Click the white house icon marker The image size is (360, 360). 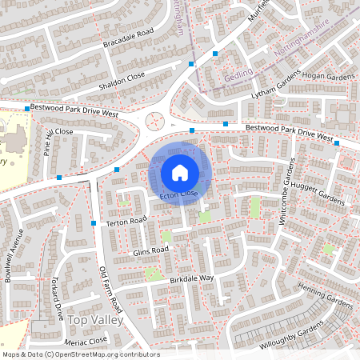tap(180, 172)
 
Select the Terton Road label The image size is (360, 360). tap(126, 221)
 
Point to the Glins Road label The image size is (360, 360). tap(150, 250)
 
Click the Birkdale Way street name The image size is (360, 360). tap(191, 278)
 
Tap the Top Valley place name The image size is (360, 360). tap(96, 320)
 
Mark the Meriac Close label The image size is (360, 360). tap(87, 340)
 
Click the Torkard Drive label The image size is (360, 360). tap(57, 298)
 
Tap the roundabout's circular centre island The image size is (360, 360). tap(154, 122)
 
